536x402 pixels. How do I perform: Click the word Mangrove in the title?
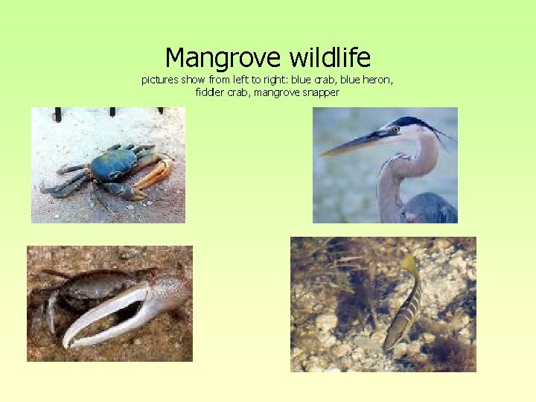[213, 57]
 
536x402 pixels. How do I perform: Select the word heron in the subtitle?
[379, 80]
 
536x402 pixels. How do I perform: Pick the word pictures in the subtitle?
[161, 80]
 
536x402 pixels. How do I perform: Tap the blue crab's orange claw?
[155, 174]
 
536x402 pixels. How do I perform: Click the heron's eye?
[395, 130]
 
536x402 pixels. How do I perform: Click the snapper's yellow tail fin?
[410, 264]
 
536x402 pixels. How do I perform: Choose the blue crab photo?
[108, 165]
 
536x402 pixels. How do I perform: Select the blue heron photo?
[385, 165]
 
